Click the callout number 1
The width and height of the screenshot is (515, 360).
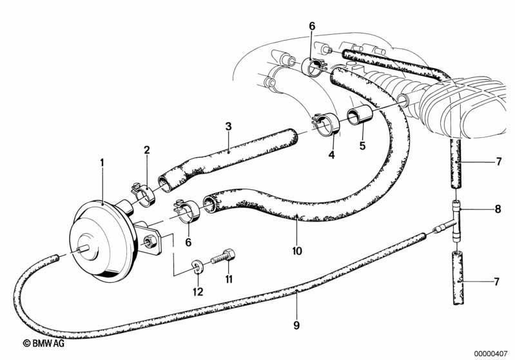pyautogui.click(x=102, y=162)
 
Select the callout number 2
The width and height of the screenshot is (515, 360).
pyautogui.click(x=146, y=150)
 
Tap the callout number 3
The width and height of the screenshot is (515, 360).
pyautogui.click(x=228, y=126)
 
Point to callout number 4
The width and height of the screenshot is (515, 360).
pyautogui.click(x=332, y=155)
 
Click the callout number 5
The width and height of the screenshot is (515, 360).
pyautogui.click(x=362, y=146)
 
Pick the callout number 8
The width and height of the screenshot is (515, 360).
pyautogui.click(x=498, y=209)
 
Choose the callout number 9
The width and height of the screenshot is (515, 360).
pyautogui.click(x=296, y=325)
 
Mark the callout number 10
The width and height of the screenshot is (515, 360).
pyautogui.click(x=296, y=251)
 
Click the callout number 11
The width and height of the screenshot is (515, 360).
pyautogui.click(x=229, y=279)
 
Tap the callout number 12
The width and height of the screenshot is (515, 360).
pyautogui.click(x=198, y=291)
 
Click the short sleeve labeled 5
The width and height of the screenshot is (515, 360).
pyautogui.click(x=360, y=116)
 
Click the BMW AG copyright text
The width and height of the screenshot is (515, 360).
pyautogui.click(x=44, y=343)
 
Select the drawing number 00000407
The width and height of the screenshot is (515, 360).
pyautogui.click(x=491, y=354)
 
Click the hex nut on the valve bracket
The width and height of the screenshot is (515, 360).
pyautogui.click(x=151, y=242)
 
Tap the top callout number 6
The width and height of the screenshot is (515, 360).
pyautogui.click(x=312, y=26)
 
